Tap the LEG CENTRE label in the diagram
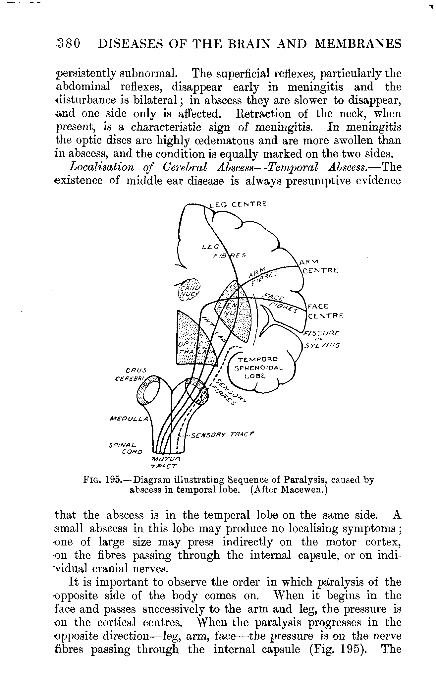pos(238,204)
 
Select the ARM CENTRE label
pos(319,266)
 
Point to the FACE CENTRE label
pos(325,311)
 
